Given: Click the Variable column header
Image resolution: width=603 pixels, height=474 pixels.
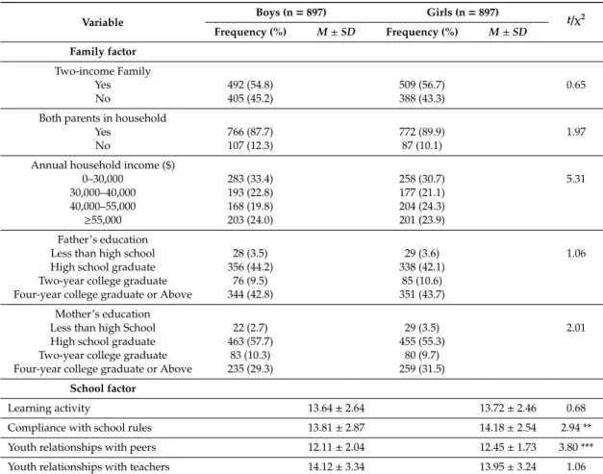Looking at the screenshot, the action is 103,22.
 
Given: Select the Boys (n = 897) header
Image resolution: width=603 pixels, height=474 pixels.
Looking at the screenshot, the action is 291,12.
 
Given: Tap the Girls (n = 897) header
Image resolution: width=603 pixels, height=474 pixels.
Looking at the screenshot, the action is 463,12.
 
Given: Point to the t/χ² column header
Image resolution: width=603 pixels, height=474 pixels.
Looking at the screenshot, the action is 576,20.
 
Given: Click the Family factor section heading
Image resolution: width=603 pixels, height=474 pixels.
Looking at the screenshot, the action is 103,52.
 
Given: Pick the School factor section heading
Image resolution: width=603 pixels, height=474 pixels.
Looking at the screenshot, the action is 103,388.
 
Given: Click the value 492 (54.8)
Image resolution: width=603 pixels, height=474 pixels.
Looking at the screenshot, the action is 250,85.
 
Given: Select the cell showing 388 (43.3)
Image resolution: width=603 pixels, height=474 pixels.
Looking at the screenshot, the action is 422,98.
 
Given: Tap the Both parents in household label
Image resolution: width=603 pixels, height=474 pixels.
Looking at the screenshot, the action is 103,118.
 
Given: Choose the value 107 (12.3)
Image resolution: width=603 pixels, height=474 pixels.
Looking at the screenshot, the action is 250,145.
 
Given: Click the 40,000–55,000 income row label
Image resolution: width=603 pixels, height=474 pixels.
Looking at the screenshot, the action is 103,206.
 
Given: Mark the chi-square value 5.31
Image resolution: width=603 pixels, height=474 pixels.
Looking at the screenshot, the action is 576,179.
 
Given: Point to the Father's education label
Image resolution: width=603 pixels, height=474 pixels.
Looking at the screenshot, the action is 103,239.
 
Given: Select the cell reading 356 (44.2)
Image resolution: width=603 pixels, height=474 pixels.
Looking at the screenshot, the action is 250,266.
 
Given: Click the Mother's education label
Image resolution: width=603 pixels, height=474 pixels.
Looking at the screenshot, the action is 103,313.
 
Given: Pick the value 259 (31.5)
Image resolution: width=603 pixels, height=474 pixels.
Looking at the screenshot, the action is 422,368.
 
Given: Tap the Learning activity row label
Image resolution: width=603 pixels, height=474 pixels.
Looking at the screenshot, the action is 49,408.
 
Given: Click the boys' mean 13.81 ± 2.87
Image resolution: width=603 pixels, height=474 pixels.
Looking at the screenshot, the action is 336,428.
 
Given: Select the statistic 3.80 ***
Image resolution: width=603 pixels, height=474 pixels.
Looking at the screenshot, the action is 576,447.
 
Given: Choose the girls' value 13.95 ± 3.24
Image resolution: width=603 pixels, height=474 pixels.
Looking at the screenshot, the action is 508,466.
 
